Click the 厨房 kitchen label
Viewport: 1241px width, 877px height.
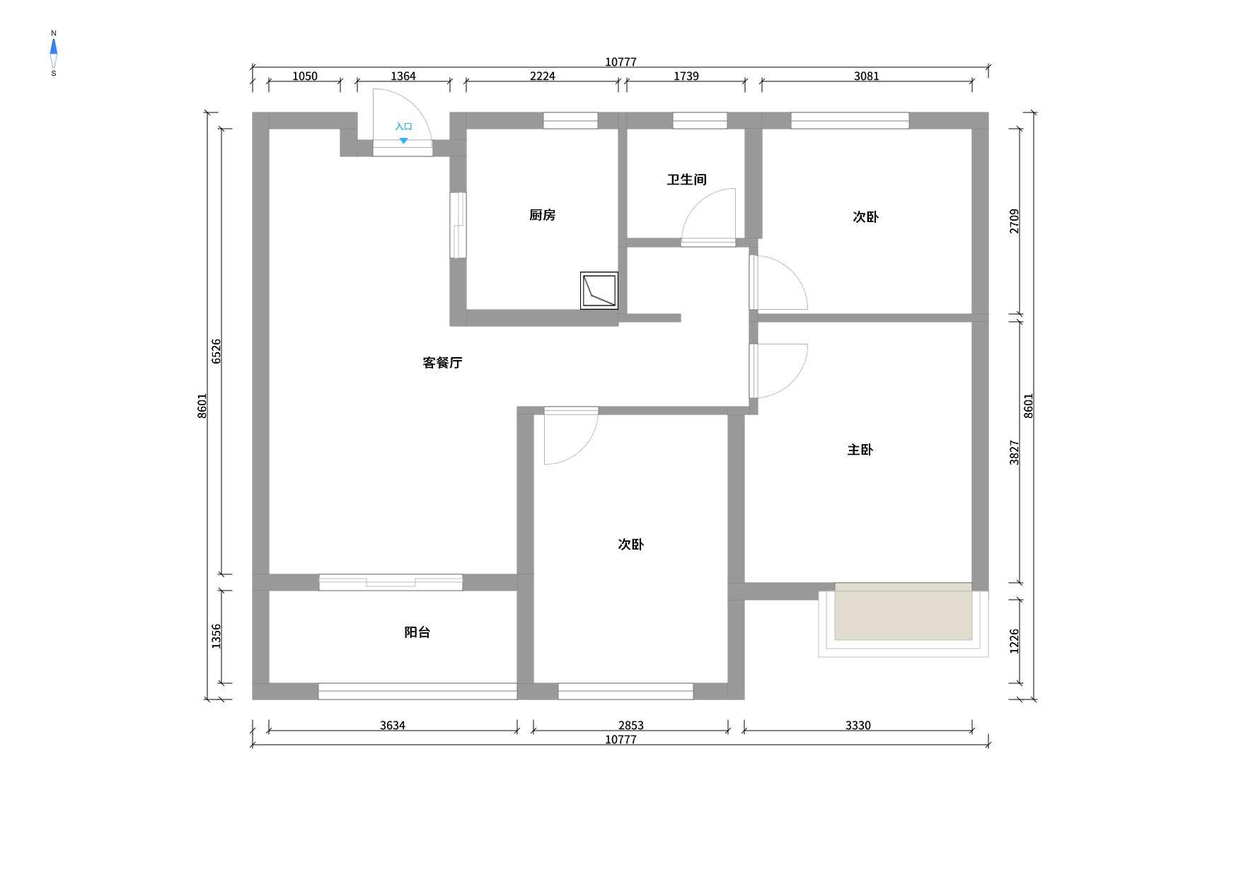[x=542, y=215]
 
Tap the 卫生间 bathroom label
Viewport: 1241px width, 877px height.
[x=686, y=180]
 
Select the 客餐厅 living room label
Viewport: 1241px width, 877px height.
[x=442, y=363]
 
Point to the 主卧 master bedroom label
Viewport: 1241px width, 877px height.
[x=860, y=450]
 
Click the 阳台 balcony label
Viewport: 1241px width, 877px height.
[x=417, y=632]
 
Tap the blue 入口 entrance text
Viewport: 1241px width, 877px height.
[x=403, y=127]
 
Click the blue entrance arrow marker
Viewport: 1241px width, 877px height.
[x=403, y=141]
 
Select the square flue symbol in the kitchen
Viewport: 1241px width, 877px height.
[x=599, y=291]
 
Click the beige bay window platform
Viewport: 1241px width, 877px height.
[x=904, y=612]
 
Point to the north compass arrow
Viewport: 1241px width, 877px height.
[x=53, y=47]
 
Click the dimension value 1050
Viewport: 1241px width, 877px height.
[x=305, y=76]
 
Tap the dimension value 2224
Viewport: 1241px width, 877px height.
[x=543, y=76]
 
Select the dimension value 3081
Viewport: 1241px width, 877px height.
[x=867, y=76]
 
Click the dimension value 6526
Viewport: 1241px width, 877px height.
[x=217, y=352]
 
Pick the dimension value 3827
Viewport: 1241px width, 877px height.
[x=1015, y=453]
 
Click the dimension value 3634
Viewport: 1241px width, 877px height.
[x=393, y=726]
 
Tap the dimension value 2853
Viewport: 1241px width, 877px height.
[x=631, y=726]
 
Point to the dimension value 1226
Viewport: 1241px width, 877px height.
[x=1015, y=641]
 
